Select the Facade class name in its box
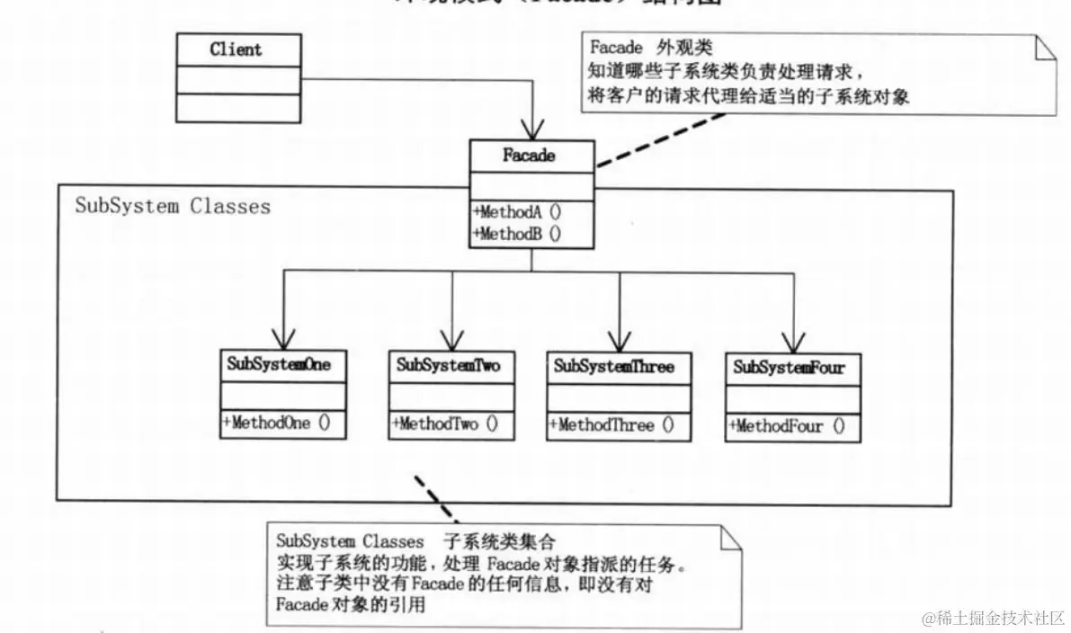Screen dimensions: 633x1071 click(531, 156)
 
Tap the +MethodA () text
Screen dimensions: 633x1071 click(517, 213)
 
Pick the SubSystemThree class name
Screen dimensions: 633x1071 click(613, 366)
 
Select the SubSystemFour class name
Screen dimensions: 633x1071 click(790, 367)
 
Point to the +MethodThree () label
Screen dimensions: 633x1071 click(611, 425)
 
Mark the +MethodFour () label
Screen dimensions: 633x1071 click(787, 426)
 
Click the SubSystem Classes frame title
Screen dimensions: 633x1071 click(173, 206)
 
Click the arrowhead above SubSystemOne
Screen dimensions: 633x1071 click(284, 338)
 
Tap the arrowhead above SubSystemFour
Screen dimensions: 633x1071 click(794, 342)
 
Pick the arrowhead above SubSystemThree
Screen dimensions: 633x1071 click(620, 341)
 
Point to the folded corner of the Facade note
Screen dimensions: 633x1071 click(1043, 48)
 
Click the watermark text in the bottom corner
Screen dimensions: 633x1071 click(994, 618)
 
